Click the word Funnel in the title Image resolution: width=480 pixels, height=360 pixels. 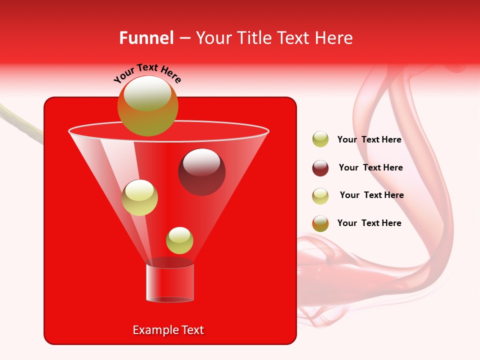click(x=146, y=38)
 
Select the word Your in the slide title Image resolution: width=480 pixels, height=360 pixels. click(x=214, y=38)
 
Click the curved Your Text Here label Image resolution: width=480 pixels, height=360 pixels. click(x=147, y=73)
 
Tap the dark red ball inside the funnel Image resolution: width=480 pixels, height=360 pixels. click(x=201, y=172)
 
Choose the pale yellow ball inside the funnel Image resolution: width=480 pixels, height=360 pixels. click(x=139, y=197)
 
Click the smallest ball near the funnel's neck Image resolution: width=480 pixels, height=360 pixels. click(x=179, y=240)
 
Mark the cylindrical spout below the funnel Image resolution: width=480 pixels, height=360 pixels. click(x=169, y=283)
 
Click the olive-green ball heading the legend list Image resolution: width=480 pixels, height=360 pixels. click(x=320, y=139)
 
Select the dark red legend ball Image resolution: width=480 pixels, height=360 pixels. click(x=320, y=168)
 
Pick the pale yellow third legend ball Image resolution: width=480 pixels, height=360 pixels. click(x=320, y=196)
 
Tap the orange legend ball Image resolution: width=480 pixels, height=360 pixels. click(x=320, y=223)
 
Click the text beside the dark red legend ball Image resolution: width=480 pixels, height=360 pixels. click(x=370, y=167)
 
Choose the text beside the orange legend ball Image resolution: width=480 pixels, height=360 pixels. click(x=369, y=223)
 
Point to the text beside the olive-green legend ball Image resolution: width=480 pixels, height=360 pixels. click(x=369, y=139)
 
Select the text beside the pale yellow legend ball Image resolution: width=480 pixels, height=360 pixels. click(x=371, y=195)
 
